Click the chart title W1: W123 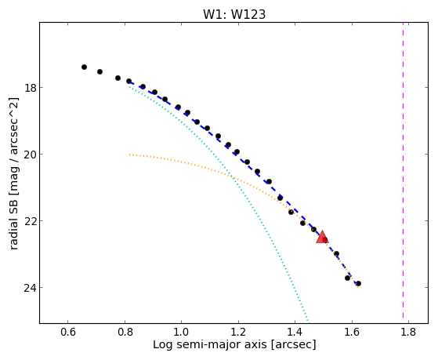tap(234, 14)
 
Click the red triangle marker tap(322, 237)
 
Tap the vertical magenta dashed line tap(403, 170)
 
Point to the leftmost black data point tap(84, 67)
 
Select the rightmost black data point tap(358, 284)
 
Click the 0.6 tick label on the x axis tap(68, 333)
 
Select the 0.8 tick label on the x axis tap(125, 333)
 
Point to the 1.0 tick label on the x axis tap(182, 333)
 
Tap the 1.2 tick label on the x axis tap(238, 333)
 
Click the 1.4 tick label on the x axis tap(295, 333)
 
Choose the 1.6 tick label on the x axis tap(352, 333)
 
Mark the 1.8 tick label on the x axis tap(409, 333)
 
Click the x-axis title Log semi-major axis tap(210, 344)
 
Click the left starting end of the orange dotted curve tap(129, 155)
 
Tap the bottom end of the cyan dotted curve tap(308, 321)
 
